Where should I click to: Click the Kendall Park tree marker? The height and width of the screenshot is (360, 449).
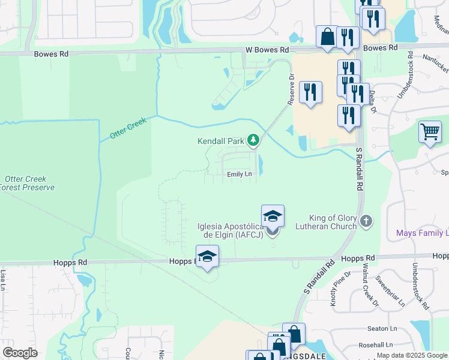(x=254, y=141)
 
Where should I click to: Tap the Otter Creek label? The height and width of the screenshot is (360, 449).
(x=128, y=128)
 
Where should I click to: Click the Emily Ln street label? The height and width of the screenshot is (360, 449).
(x=239, y=174)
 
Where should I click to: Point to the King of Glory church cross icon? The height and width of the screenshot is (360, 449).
(x=366, y=222)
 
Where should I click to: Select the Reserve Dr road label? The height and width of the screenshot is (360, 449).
(x=292, y=89)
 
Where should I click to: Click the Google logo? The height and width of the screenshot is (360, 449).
(x=20, y=353)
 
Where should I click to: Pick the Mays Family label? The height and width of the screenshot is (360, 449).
(x=422, y=233)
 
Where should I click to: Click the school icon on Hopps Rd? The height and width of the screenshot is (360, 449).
(x=207, y=256)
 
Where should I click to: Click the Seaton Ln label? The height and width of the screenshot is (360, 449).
(x=382, y=328)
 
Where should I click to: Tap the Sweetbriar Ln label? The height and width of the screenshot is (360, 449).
(x=390, y=291)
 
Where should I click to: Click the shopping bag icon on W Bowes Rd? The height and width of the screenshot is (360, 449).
(x=328, y=37)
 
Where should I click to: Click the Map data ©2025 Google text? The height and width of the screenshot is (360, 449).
(x=412, y=355)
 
